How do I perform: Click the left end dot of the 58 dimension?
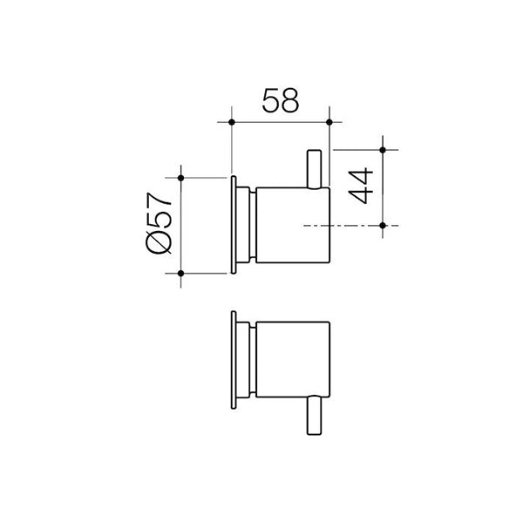[x=231, y=123]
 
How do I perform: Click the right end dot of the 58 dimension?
[x=329, y=123]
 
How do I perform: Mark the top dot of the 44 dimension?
[x=383, y=150]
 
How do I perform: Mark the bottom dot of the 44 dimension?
[x=383, y=226]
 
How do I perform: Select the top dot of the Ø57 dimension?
[x=180, y=178]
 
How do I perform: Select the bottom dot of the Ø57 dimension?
[x=180, y=274]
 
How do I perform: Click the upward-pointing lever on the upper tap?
[x=315, y=166]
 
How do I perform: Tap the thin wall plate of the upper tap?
[x=234, y=225]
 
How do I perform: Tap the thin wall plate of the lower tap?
[x=234, y=357]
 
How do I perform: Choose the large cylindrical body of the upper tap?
[x=292, y=225]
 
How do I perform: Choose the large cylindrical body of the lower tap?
[x=292, y=357]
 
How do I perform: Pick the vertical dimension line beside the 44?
[x=383, y=187]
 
